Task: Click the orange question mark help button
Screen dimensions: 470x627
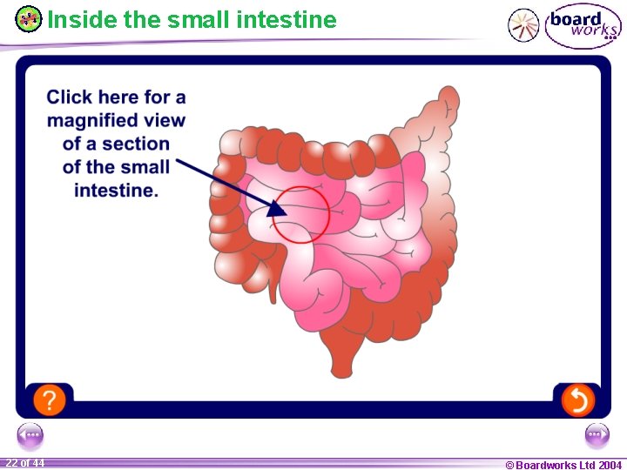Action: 50,399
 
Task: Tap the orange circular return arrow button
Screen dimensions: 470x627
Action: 577,399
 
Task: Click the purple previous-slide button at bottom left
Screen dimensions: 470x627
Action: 30,433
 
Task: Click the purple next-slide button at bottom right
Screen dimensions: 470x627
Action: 597,433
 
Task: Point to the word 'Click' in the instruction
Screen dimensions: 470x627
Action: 69,97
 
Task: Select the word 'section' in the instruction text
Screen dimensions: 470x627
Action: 135,144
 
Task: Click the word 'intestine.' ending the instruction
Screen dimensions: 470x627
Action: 116,191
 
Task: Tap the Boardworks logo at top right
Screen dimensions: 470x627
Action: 583,25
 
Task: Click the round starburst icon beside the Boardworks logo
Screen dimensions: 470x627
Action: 524,25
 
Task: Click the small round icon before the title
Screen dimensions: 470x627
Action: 29,18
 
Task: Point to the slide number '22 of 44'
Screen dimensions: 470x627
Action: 24,463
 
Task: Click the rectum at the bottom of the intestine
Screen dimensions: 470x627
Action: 341,357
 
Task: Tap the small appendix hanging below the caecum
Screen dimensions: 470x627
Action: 273,285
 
